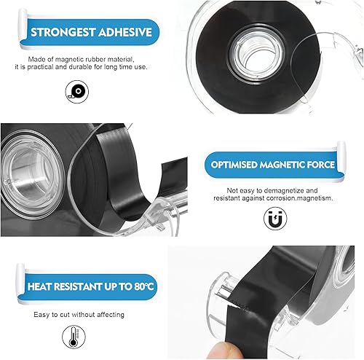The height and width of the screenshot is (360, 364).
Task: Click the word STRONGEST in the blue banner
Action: (63, 32)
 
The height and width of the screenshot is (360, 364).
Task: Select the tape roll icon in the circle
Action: (77, 92)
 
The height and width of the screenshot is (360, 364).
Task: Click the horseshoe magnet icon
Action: (275, 219)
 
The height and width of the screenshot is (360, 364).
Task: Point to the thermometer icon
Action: (74, 337)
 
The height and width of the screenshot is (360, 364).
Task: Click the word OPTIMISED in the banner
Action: (234, 165)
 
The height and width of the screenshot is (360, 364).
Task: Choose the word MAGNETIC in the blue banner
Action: (282, 165)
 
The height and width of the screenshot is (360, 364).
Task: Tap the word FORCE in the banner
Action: (320, 165)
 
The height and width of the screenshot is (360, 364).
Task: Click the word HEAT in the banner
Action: (39, 286)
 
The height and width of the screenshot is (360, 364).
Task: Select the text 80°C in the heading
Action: (143, 286)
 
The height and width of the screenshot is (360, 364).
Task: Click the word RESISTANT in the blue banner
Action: (78, 286)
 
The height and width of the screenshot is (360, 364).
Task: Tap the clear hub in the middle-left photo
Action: (31, 174)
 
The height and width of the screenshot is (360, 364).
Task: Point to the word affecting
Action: (111, 315)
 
